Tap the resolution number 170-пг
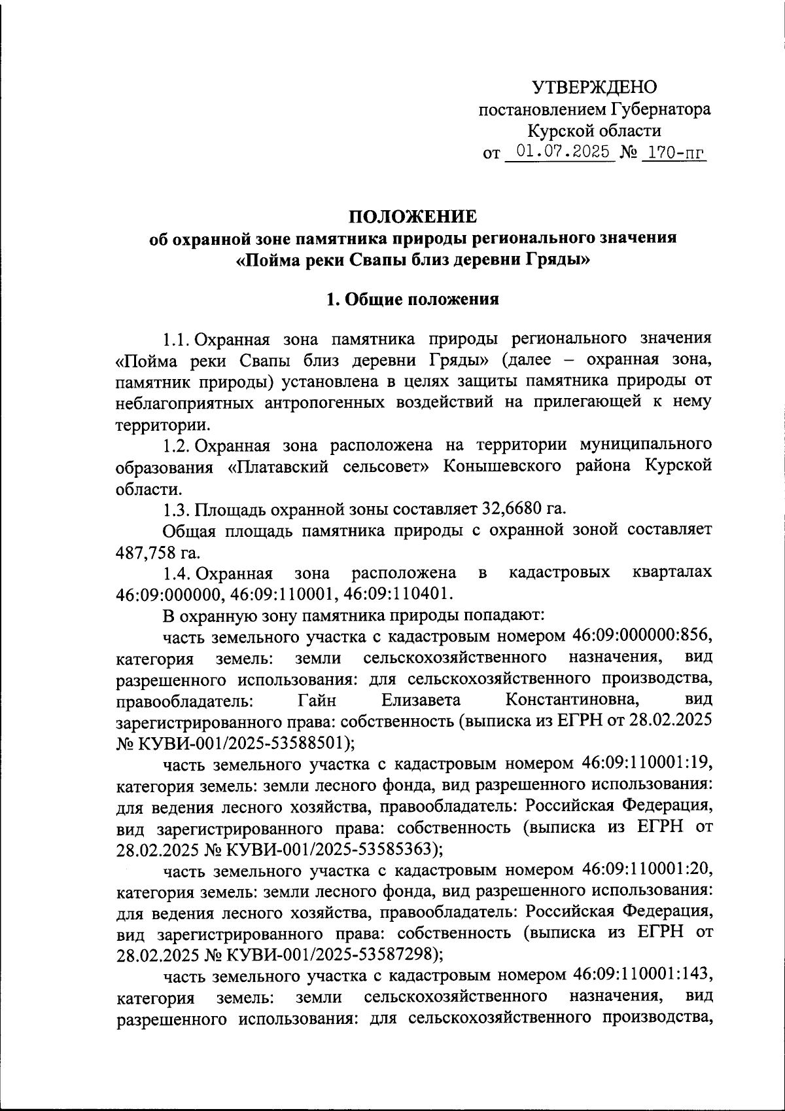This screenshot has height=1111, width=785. tap(674, 153)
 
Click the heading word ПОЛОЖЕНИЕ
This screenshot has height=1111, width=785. tap(413, 216)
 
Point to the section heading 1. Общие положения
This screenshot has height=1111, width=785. tap(413, 299)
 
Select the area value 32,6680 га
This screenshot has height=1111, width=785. tap(523, 508)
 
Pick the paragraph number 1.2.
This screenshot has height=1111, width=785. tap(177, 445)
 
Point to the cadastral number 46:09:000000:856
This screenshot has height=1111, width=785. tap(642, 635)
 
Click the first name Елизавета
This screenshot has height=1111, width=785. tap(421, 700)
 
